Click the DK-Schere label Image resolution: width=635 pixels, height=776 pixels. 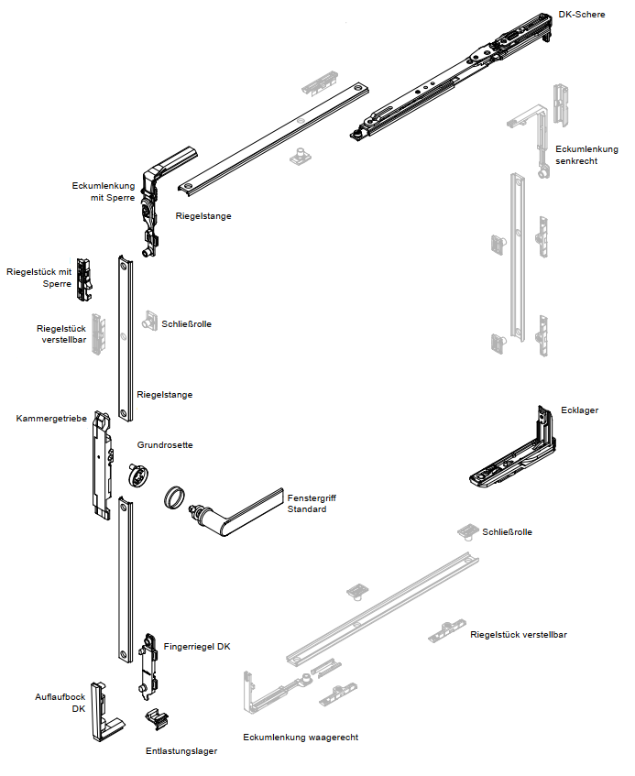pos(584,16)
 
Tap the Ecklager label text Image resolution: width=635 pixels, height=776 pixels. pos(579,410)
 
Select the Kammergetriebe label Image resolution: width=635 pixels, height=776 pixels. pos(51,419)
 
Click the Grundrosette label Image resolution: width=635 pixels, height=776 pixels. pos(165,444)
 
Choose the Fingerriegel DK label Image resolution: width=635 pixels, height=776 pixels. pos(197,647)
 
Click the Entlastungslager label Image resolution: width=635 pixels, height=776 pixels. pos(181,751)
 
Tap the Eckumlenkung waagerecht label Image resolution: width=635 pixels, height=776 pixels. pos(301,738)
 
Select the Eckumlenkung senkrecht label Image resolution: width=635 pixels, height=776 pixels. pos(586,155)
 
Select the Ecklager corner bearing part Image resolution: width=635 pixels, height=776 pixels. pos(518,454)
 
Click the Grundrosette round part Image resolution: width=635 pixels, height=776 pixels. pos(137,475)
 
